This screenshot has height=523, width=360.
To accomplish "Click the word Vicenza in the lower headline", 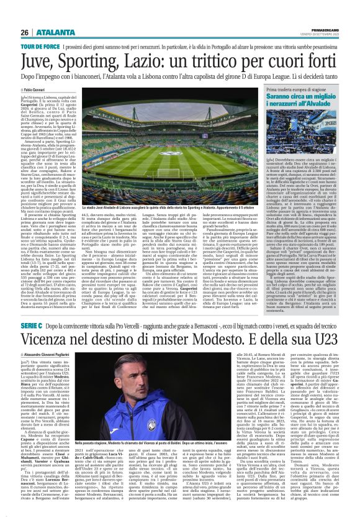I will pyautogui.click(x=51, y=360).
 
